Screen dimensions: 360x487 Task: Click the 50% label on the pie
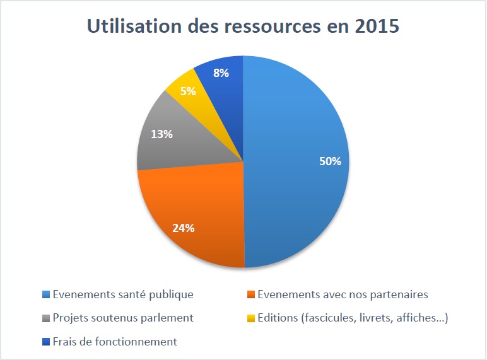330,161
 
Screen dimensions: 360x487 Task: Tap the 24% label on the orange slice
183,228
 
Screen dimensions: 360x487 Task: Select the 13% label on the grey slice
161,134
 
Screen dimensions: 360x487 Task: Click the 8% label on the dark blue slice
221,73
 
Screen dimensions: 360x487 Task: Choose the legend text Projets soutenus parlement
123,318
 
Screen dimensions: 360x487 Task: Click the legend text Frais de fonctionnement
115,342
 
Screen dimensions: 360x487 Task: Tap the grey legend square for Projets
45,318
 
